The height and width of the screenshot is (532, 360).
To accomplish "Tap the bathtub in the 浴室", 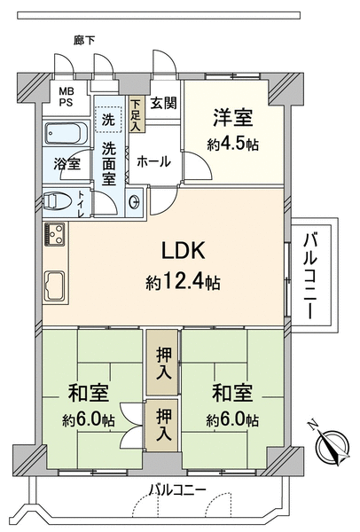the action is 67,133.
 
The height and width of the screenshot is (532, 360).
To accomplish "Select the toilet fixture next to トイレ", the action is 57,202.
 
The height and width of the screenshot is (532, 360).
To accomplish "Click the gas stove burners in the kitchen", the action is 54,233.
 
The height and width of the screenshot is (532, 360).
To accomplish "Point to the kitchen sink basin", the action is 55,286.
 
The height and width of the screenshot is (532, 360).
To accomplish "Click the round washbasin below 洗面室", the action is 134,202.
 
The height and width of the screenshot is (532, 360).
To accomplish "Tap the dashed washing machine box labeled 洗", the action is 108,120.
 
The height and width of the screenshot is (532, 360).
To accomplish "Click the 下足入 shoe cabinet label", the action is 137,114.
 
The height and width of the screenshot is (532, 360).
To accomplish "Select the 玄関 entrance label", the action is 164,103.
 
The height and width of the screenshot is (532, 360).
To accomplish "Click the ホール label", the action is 153,161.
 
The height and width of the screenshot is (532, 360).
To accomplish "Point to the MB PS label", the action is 67,97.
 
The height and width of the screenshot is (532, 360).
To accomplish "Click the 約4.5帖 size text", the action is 233,145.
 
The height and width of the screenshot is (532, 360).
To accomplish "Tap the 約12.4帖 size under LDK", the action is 184,282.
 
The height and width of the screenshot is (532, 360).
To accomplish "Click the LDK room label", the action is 184,251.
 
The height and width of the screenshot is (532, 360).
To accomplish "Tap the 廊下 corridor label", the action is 84,41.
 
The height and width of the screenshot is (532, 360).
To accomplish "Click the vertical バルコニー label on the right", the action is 310,276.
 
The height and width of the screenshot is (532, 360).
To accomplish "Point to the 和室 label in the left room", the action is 88,392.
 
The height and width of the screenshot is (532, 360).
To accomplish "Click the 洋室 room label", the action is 233,118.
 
